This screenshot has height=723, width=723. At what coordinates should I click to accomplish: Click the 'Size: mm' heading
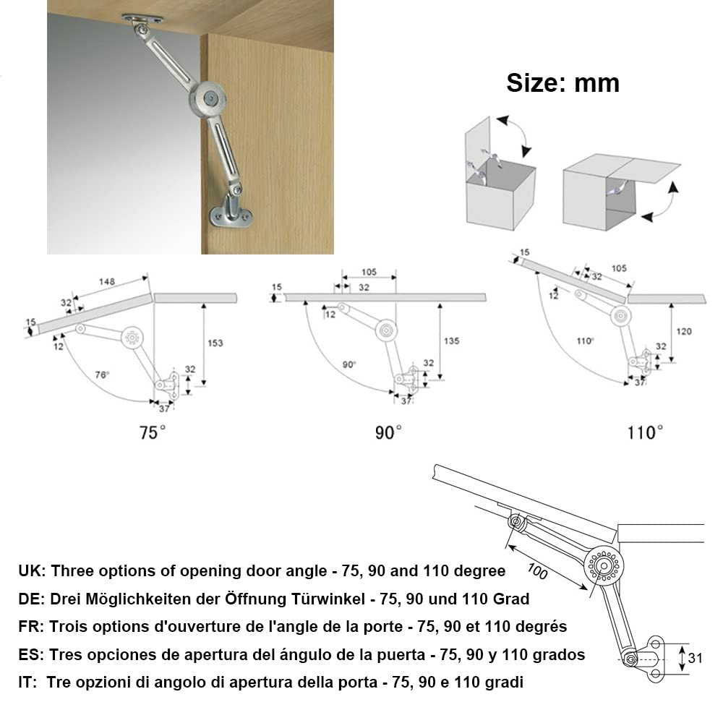coord(562,83)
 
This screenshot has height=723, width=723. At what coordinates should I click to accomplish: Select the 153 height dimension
coord(215,343)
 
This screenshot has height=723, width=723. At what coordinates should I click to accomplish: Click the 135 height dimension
coord(451,341)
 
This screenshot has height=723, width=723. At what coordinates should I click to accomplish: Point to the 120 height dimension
coord(684,331)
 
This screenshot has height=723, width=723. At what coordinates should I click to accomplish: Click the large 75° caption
coord(153,432)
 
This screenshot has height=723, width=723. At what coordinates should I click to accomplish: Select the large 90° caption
coord(388,432)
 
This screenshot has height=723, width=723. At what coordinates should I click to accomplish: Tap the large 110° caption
coord(644,432)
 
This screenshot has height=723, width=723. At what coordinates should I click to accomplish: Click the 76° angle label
coord(102,375)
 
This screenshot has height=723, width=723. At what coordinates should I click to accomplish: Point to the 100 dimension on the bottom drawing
coord(536,570)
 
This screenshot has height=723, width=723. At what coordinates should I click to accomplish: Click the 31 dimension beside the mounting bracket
coord(696,659)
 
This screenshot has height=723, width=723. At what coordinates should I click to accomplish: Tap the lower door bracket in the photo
coord(231,214)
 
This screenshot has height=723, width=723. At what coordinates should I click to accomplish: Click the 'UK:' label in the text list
coord(32,571)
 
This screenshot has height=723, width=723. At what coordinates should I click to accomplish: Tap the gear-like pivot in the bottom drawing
coord(603,564)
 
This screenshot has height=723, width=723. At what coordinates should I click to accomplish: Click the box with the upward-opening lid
coord(499,174)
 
